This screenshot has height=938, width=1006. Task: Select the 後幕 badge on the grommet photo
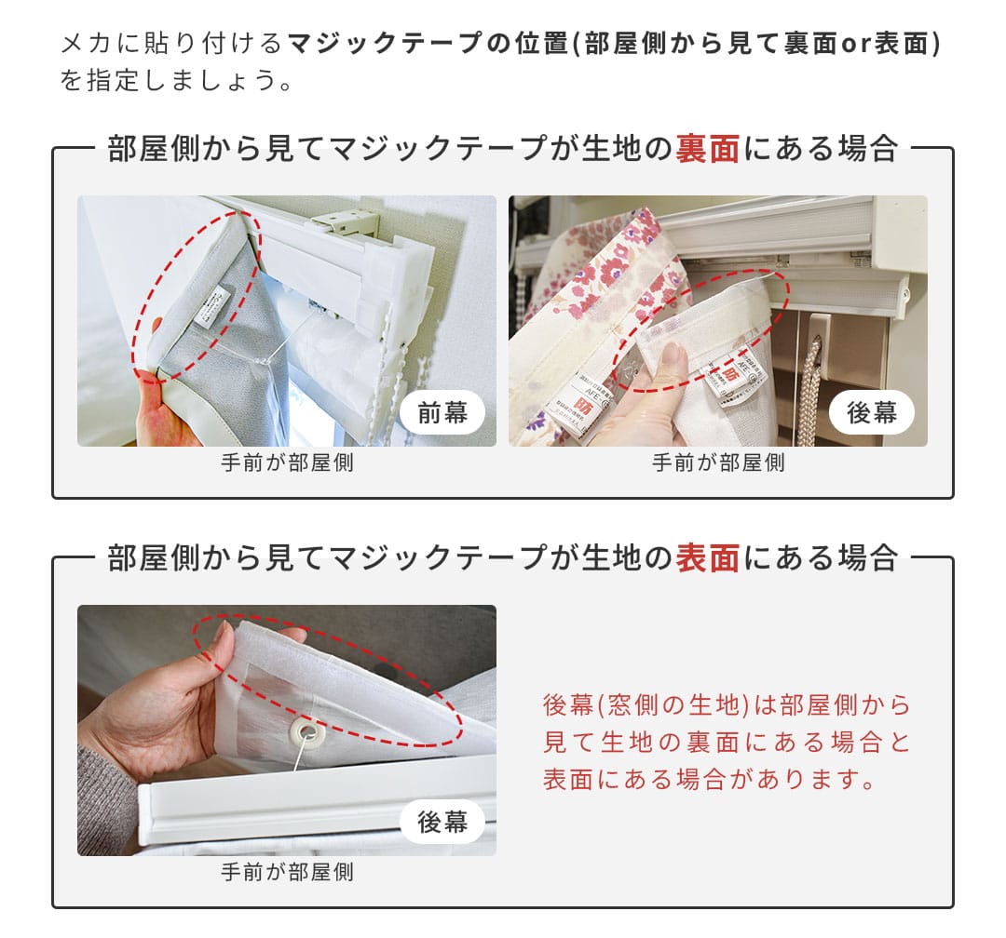tap(442, 823)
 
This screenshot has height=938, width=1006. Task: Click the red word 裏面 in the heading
tap(708, 149)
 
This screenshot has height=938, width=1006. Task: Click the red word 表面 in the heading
tap(708, 558)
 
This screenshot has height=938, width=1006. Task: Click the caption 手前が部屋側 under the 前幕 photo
tap(287, 463)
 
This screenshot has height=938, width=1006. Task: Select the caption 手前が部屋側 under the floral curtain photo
tap(718, 463)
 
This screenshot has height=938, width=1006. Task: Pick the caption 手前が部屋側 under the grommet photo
tap(287, 873)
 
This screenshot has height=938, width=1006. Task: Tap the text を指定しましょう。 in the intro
tap(177, 80)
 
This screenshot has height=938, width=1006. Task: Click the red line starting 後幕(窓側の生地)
tap(727, 705)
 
